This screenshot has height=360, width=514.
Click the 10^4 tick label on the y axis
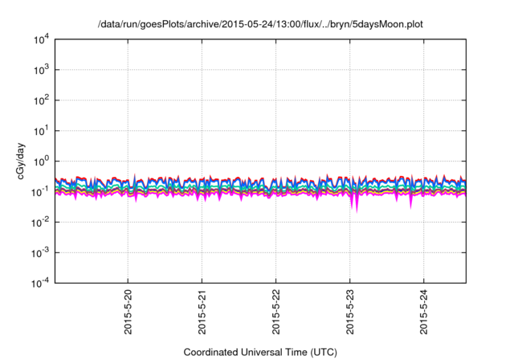pos(40,39)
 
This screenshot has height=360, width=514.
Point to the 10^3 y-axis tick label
pos(40,70)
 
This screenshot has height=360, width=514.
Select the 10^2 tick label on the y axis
pos(40,100)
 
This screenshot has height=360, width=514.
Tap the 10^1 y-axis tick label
pos(40,131)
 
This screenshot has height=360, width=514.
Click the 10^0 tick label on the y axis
pos(40,161)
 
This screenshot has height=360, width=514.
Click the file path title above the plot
pos(259,25)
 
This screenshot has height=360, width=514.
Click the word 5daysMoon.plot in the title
pos(388,25)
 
